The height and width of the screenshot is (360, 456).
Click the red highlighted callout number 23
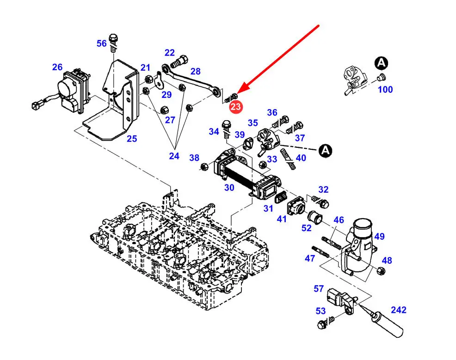235,107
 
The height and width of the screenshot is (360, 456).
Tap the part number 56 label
101,43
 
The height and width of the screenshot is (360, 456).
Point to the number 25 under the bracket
132,138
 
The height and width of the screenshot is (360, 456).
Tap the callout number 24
174,156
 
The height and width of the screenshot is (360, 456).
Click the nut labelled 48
381,271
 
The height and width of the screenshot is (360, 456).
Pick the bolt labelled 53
323,324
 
